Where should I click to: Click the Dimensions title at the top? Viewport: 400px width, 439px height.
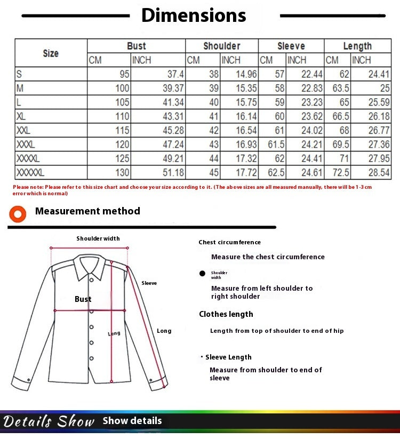(x=194, y=15)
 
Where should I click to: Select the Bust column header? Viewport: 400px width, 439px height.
(x=136, y=46)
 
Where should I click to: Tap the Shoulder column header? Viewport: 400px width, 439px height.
(x=221, y=46)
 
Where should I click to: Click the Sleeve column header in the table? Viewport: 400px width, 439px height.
(x=291, y=46)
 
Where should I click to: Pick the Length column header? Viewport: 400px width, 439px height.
(x=357, y=46)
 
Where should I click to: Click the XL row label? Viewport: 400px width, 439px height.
(x=21, y=116)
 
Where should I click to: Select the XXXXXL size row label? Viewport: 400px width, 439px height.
(x=30, y=172)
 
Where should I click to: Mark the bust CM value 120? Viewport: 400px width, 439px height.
(x=122, y=144)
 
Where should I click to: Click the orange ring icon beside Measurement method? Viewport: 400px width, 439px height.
(x=18, y=213)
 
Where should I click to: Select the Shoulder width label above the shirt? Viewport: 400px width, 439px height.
(x=98, y=238)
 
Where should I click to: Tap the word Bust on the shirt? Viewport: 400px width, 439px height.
(x=83, y=299)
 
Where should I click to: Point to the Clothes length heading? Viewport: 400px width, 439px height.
(x=226, y=314)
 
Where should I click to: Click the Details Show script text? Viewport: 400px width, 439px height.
(x=49, y=421)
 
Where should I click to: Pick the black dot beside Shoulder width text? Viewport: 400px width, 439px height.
(x=202, y=274)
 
